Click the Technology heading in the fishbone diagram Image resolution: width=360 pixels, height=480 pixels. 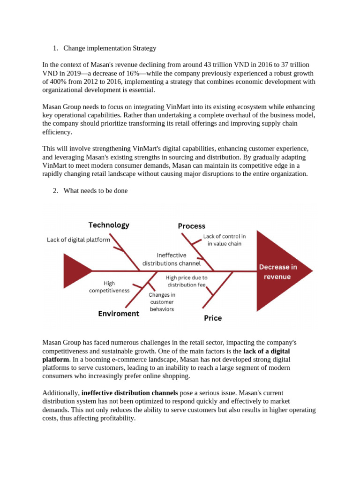(109, 225)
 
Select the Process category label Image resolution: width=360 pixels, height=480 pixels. (191, 226)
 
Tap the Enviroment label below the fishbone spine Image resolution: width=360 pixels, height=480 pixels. (119, 314)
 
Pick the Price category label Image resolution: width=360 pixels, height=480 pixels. (213, 318)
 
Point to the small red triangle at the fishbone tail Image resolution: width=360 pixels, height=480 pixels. (75, 270)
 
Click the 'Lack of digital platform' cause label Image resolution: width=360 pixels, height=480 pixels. (78, 240)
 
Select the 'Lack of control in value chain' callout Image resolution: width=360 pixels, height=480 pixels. (224, 240)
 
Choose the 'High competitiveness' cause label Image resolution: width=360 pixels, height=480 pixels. (109, 287)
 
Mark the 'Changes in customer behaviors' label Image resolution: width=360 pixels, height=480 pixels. (162, 302)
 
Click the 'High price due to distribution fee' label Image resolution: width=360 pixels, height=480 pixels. (187, 281)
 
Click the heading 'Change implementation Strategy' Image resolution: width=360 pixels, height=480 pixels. (110, 48)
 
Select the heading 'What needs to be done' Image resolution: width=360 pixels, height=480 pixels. (95, 191)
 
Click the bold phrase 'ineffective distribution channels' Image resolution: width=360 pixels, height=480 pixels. (129, 393)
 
